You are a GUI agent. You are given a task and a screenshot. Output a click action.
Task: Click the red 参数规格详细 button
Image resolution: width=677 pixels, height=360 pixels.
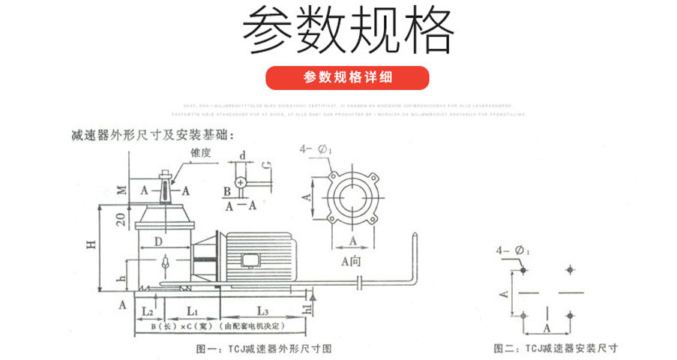(x=348, y=78)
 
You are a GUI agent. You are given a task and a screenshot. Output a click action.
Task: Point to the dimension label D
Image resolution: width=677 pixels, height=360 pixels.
(x=157, y=241)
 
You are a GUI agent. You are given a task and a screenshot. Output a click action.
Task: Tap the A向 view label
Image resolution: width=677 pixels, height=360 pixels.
(x=351, y=260)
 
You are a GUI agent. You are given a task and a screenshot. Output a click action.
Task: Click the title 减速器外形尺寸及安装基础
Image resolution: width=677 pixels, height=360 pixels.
(x=152, y=135)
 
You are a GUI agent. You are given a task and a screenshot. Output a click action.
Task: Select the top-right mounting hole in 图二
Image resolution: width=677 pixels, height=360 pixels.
(x=571, y=269)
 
